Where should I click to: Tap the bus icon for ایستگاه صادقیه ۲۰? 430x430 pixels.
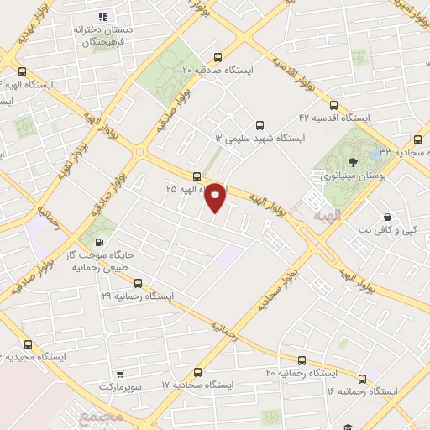[x=218, y=58]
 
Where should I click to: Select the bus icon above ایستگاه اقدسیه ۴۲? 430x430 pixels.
[x=333, y=106]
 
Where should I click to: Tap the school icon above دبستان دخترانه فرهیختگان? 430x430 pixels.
[x=102, y=17]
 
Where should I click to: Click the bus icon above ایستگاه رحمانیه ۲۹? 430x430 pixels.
[x=138, y=283]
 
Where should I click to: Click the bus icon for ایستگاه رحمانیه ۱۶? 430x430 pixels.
[x=361, y=379]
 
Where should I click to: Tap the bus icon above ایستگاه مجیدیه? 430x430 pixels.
[x=29, y=343]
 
